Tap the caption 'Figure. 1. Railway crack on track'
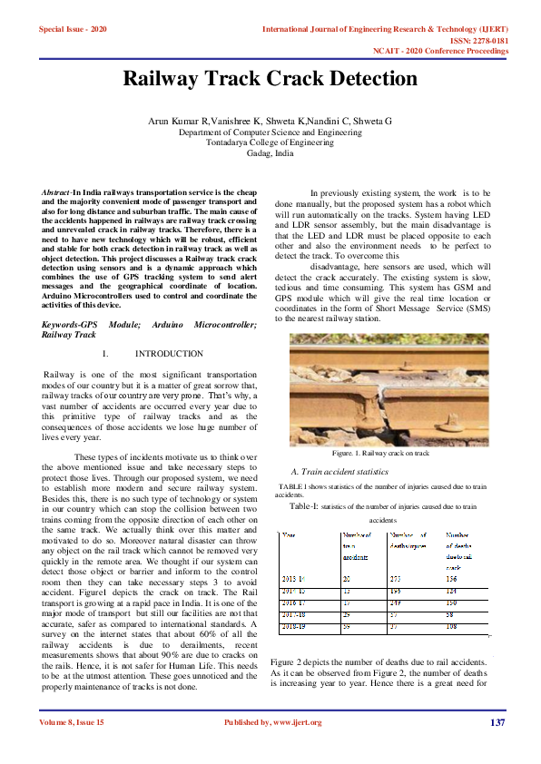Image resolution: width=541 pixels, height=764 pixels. tap(380, 452)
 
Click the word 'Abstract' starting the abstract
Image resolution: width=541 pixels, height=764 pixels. tap(57, 194)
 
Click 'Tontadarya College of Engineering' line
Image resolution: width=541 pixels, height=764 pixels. tap(270, 142)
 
